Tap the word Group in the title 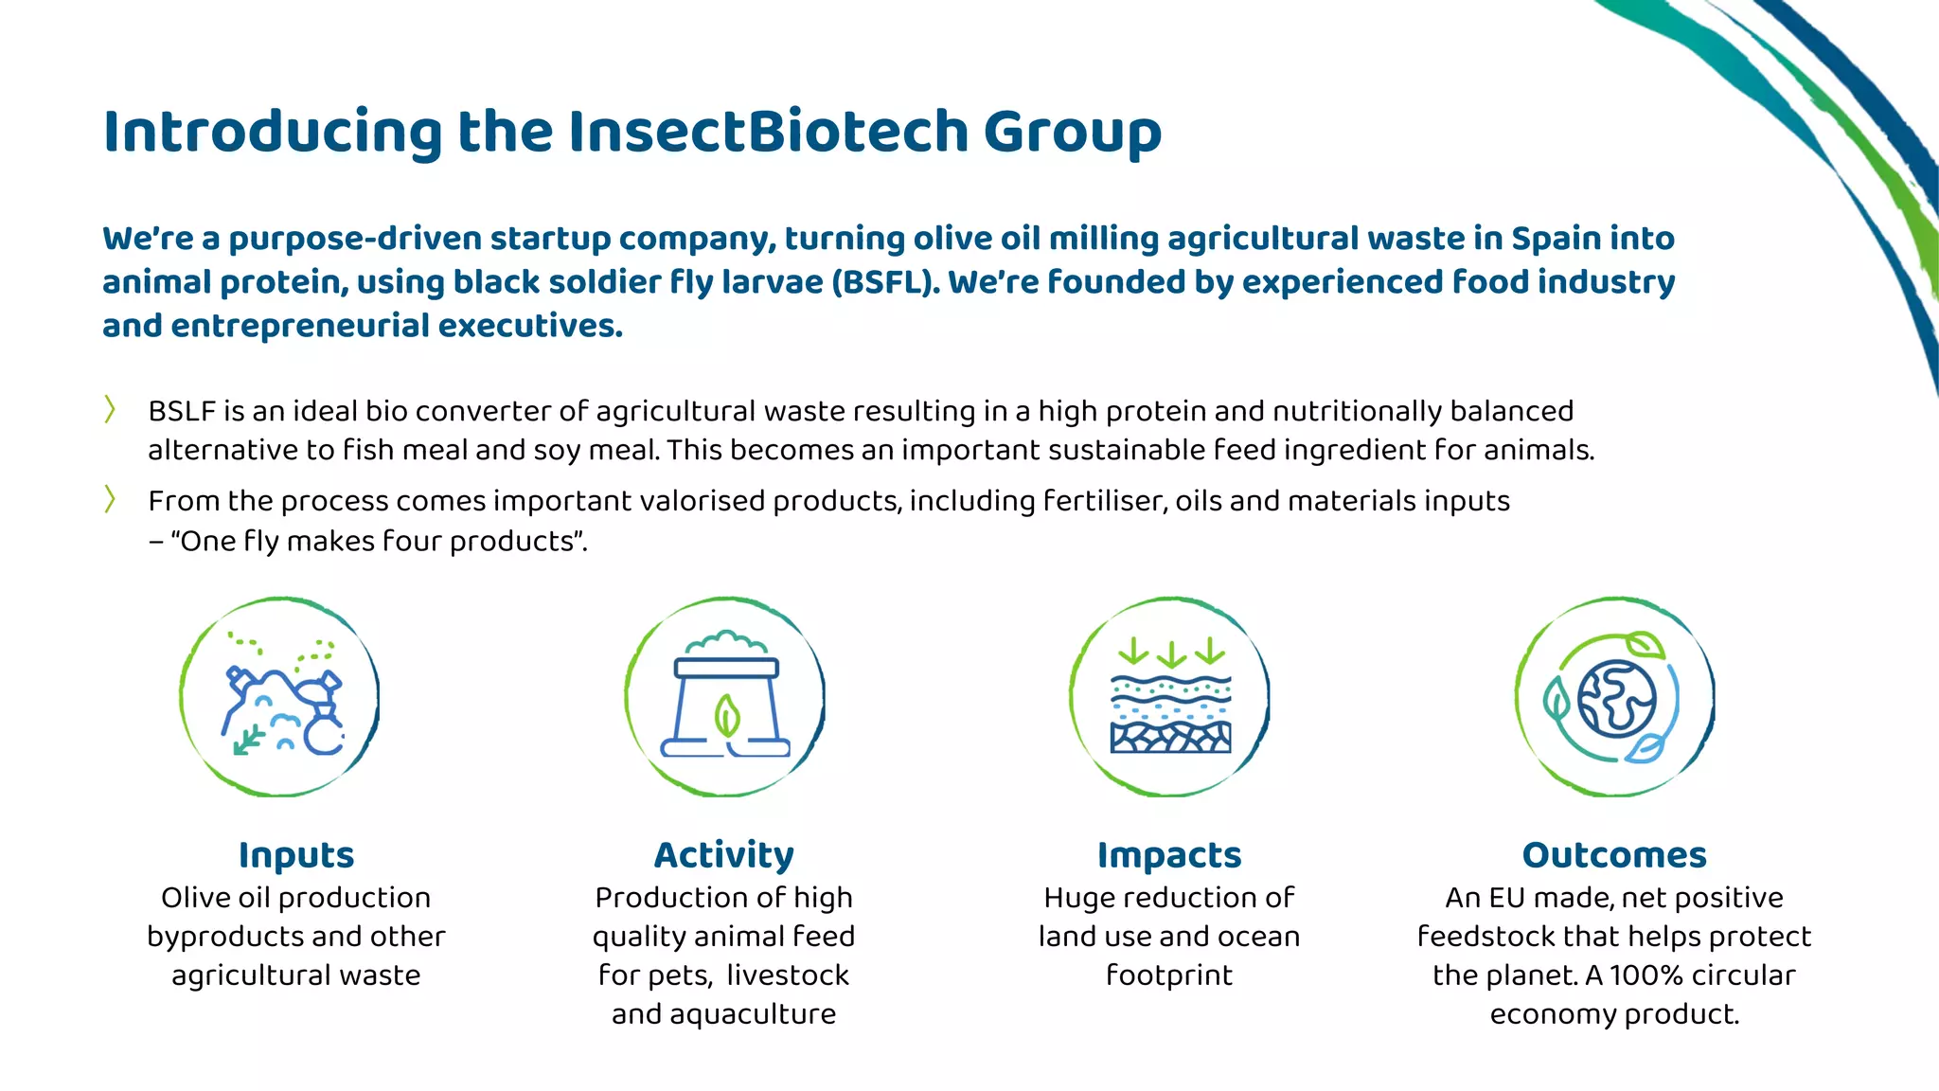coord(1072,133)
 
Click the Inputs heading coord(296,854)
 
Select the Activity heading coord(724,854)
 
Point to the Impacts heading coord(1169,854)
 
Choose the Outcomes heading coord(1614,854)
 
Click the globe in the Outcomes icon coord(1617,699)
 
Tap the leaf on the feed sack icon coord(726,716)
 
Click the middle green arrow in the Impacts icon coord(1171,654)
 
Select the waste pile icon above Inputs coord(281,699)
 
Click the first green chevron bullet coord(110,410)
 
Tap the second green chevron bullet coord(110,499)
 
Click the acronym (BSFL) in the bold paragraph coord(884,282)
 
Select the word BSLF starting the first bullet coord(182,411)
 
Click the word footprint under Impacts coord(1169,975)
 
